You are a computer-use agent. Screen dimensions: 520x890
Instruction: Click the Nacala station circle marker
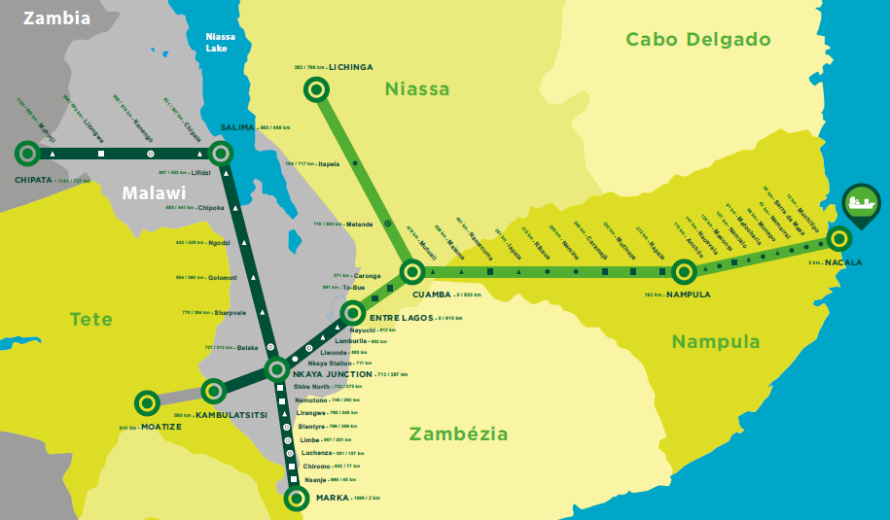click(838, 237)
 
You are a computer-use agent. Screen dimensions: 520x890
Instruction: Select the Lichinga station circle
click(316, 90)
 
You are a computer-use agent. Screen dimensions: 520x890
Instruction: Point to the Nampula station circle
click(684, 271)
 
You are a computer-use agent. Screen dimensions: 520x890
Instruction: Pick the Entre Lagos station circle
click(352, 313)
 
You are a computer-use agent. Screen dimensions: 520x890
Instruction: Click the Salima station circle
click(221, 153)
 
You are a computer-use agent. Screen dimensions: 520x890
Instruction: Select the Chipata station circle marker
click(27, 153)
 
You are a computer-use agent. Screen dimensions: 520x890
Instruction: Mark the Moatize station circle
click(147, 401)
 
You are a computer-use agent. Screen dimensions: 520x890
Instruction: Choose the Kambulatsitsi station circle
click(213, 392)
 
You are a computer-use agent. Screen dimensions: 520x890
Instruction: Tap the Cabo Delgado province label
click(697, 40)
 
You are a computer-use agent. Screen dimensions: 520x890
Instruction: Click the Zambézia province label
click(458, 433)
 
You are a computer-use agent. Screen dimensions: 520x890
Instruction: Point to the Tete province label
click(90, 319)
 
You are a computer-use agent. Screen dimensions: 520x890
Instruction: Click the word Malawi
click(154, 192)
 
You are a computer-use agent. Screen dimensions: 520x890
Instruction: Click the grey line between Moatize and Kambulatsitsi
click(180, 397)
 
